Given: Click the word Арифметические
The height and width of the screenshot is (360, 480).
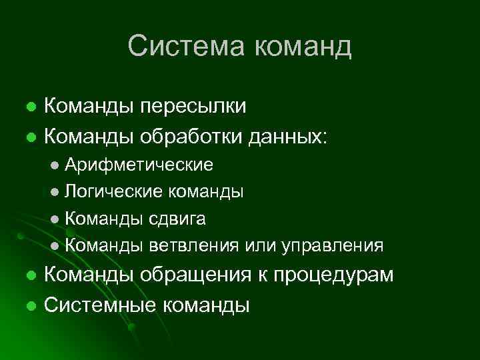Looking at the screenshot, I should (139, 165).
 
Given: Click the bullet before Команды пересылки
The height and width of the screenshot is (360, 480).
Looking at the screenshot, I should (31, 106).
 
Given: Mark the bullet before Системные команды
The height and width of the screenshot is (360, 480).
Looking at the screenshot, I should (31, 306).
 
